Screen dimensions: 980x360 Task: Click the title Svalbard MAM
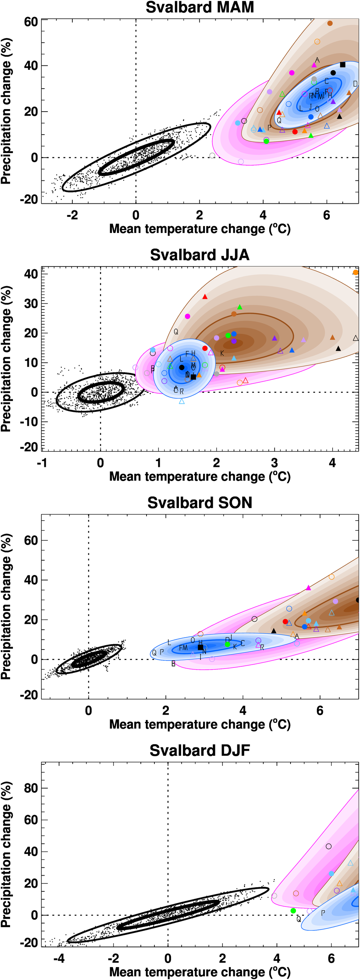tap(200, 8)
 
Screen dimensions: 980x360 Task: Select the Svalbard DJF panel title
tap(200, 751)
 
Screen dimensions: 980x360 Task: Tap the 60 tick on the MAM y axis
tap(31, 22)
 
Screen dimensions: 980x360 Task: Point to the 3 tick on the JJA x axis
tap(274, 463)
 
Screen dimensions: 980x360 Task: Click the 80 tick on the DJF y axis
tap(31, 788)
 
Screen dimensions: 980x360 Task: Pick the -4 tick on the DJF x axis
tap(59, 958)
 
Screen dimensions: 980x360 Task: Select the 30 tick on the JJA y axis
tap(31, 304)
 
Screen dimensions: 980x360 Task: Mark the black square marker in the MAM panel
tap(342, 65)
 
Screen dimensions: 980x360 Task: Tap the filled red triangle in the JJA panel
tap(205, 297)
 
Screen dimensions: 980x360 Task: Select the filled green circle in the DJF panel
tap(293, 911)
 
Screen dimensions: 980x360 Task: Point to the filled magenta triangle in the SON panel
tap(309, 588)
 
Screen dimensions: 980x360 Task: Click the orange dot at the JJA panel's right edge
tap(355, 273)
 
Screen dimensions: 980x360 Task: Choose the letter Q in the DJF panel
tap(299, 919)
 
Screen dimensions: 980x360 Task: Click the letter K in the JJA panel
tap(222, 354)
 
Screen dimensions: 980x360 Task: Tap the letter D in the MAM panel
tap(355, 84)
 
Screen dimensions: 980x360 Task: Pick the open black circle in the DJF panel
tap(329, 846)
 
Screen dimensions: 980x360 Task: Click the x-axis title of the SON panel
tap(200, 724)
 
